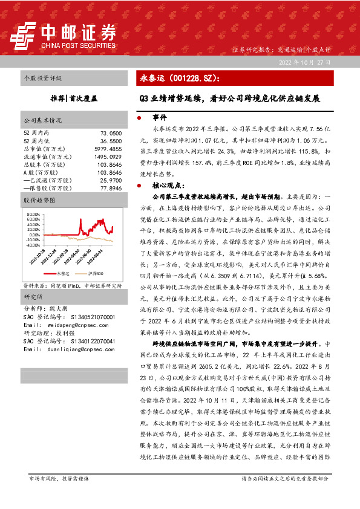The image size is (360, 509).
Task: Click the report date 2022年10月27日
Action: (304, 63)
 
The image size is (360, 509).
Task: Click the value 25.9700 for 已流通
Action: (111, 180)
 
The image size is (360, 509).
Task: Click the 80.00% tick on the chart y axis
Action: (31, 215)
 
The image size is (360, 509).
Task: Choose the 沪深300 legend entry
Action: (94, 273)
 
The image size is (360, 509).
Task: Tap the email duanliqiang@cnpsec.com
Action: (74, 349)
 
